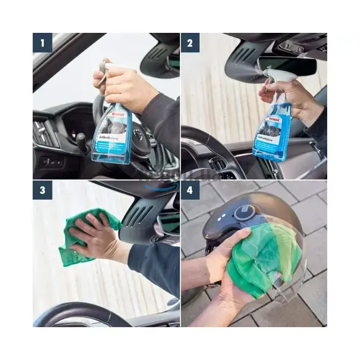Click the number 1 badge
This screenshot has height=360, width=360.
coord(42,44)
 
